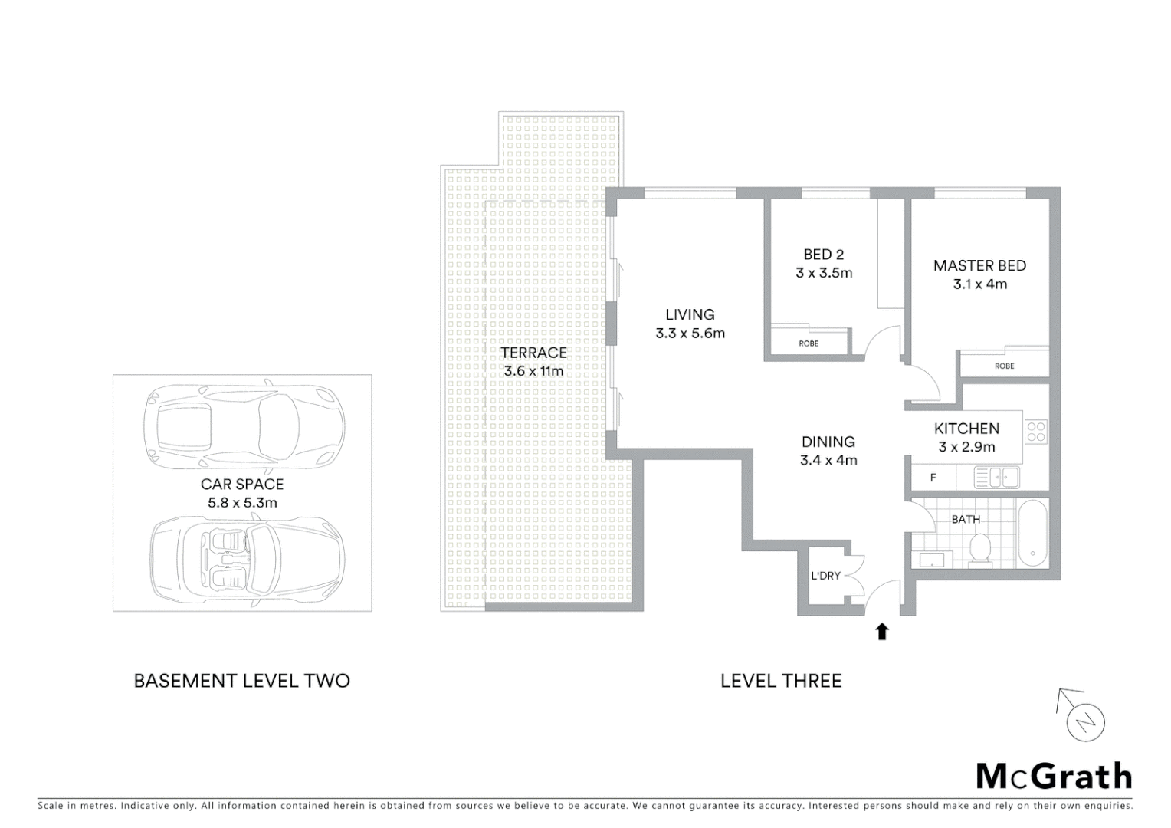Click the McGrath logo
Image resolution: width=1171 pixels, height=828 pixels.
[x=1054, y=776]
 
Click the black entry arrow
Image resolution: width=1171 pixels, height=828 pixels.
[x=882, y=631]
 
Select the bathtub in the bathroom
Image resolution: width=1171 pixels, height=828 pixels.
[x=1033, y=534]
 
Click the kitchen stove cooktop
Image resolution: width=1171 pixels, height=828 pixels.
[x=1035, y=432]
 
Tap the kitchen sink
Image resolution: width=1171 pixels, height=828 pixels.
[x=996, y=478]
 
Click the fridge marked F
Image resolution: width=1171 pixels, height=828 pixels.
[x=933, y=478]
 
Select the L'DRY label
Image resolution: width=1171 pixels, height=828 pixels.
[x=825, y=575]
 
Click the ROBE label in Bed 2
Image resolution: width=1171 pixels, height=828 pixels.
[x=809, y=343]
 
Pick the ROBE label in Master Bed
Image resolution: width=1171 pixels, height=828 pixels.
[x=1004, y=366]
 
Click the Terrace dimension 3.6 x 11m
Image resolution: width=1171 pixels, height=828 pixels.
[x=533, y=371]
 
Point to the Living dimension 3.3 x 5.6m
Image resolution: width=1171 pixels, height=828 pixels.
[x=690, y=333]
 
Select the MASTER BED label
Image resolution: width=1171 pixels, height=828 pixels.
[x=979, y=265]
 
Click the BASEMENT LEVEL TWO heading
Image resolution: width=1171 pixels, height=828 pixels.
[x=241, y=681]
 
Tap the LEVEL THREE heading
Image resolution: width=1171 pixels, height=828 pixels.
[x=781, y=681]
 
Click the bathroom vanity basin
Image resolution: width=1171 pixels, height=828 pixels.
[x=931, y=559]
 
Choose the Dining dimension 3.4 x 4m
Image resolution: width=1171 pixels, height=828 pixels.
[x=828, y=460]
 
